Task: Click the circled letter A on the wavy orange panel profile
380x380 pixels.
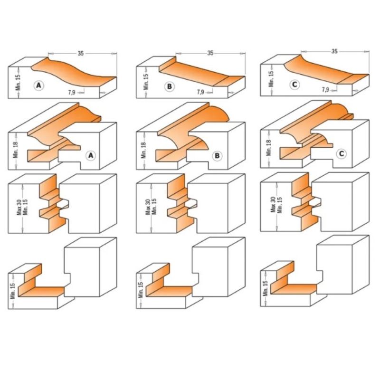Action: pyautogui.click(x=39, y=85)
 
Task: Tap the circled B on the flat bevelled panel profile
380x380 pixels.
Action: pyautogui.click(x=169, y=86)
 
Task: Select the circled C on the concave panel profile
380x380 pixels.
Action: pyautogui.click(x=294, y=85)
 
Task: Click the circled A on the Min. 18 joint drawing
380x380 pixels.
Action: pyautogui.click(x=91, y=155)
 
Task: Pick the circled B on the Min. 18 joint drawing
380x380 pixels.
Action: pyautogui.click(x=217, y=155)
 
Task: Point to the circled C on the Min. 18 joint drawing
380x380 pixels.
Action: pyautogui.click(x=342, y=153)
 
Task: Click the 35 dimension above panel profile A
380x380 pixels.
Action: pyautogui.click(x=80, y=53)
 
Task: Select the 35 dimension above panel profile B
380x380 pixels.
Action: pyautogui.click(x=210, y=53)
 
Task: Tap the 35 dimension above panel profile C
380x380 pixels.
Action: pyautogui.click(x=334, y=51)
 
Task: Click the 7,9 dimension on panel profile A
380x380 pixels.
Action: pyautogui.click(x=72, y=92)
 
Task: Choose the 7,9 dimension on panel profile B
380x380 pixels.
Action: pyautogui.click(x=200, y=92)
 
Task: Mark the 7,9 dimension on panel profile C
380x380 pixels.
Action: pyautogui.click(x=325, y=90)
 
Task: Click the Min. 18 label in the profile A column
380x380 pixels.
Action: pyautogui.click(x=16, y=150)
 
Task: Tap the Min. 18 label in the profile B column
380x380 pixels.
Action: pyautogui.click(x=143, y=150)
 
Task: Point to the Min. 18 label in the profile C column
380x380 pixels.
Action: pyautogui.click(x=269, y=148)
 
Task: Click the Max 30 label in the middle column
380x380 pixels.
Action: pyautogui.click(x=148, y=207)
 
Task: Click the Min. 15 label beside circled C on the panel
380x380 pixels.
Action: pyautogui.click(x=271, y=78)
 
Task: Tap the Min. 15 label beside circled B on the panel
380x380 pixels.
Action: pyautogui.click(x=146, y=82)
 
